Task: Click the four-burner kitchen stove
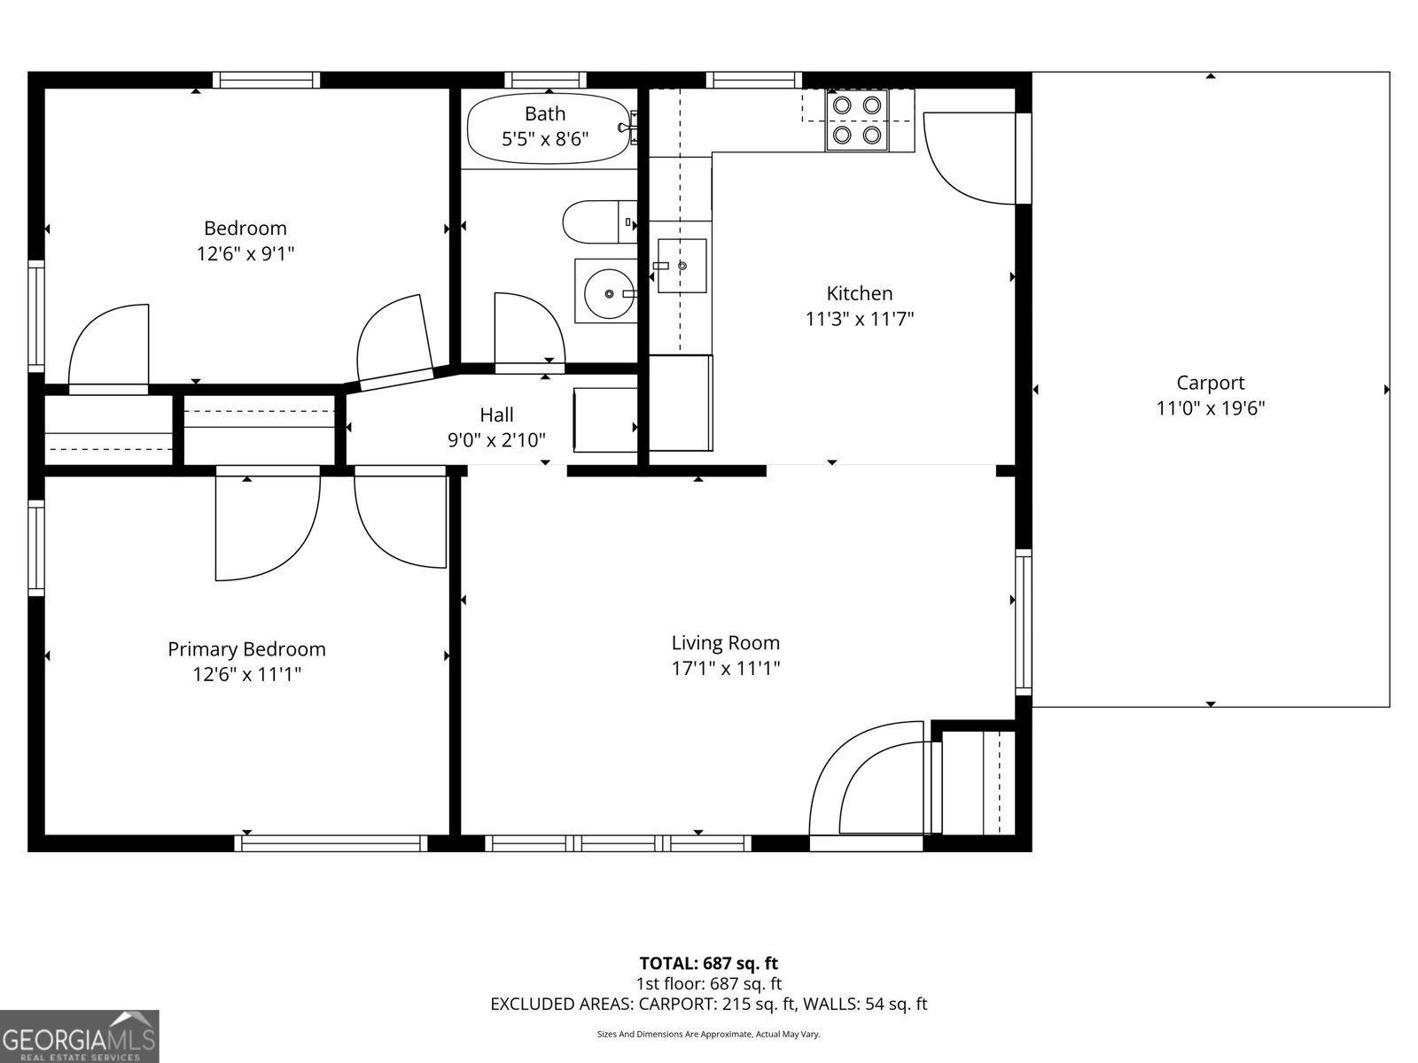coord(857,120)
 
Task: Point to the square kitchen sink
coord(682,266)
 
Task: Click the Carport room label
coord(1210,383)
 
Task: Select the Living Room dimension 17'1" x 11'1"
coord(725,668)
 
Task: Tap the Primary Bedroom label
coord(246,649)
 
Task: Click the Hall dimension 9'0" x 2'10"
coord(496,439)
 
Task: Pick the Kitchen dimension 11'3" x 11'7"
coord(859,319)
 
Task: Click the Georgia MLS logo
coord(79,1036)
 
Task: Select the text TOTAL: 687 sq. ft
coord(708,963)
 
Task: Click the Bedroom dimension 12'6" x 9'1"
coord(245,254)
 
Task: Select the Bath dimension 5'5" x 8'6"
coord(545,139)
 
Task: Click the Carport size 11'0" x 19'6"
coord(1210,408)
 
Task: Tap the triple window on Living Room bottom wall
coord(619,842)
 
